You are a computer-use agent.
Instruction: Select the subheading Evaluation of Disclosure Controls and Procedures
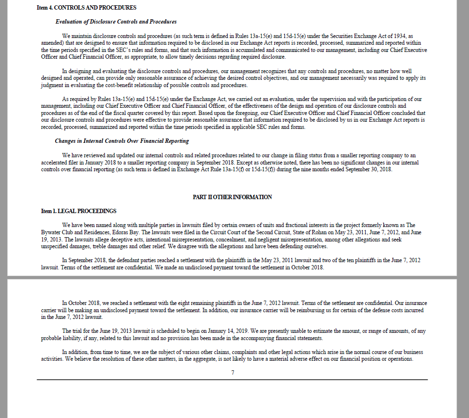116,22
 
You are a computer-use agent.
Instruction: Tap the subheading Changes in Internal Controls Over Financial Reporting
122,141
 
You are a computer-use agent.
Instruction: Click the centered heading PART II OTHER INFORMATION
232,197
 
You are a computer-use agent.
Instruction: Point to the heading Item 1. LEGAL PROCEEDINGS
79,211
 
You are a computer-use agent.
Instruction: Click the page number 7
233,373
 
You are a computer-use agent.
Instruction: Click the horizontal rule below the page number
232,380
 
